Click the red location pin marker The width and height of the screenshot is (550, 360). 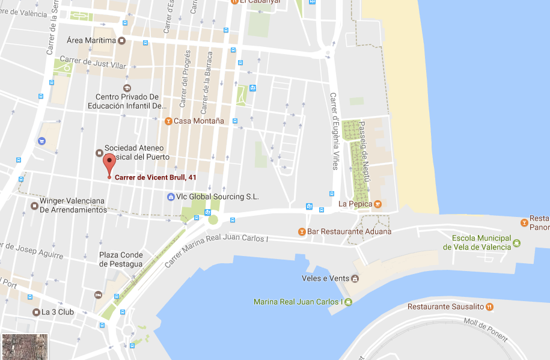tap(109, 163)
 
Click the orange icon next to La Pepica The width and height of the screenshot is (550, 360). tap(377, 204)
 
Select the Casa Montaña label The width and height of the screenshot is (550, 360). tap(198, 121)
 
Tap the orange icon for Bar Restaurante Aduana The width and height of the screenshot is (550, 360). tap(302, 231)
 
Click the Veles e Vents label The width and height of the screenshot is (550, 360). tap(325, 278)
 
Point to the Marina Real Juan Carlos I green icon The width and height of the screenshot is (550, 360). tap(348, 302)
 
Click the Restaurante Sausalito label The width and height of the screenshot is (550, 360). tap(445, 307)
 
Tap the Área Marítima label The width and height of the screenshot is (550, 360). tap(91, 40)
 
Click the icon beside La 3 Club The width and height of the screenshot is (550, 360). tap(36, 312)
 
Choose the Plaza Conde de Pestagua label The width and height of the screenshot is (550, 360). tap(121, 260)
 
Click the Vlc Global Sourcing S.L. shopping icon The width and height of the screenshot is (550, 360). tap(171, 197)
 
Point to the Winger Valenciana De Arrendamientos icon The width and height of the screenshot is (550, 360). tap(34, 206)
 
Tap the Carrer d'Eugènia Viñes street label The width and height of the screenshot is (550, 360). tap(334, 131)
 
